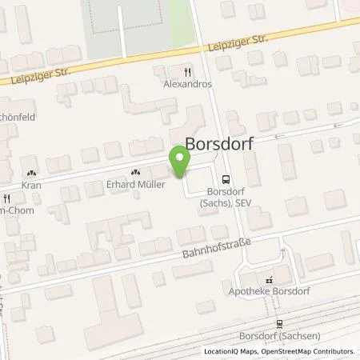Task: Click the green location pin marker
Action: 180,162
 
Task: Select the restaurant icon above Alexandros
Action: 189,70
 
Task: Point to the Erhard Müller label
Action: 135,184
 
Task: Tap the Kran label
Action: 30,184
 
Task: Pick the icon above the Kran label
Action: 30,172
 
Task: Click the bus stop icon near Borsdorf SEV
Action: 226,180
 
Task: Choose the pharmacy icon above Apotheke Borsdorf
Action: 270,280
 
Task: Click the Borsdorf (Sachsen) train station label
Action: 280,337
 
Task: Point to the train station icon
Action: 280,324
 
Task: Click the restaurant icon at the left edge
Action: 6,198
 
